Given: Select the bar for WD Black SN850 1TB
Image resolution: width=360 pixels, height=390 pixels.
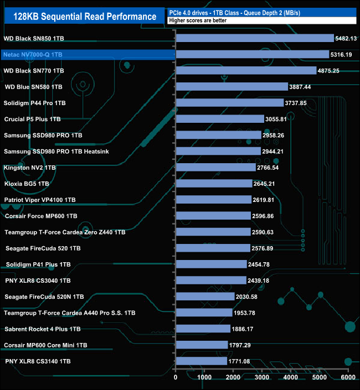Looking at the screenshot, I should [x=255, y=38].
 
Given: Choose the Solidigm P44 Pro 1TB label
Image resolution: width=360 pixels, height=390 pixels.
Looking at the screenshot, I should [x=35, y=103].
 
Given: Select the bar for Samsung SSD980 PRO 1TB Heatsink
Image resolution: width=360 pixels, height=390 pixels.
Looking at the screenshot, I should [x=218, y=151].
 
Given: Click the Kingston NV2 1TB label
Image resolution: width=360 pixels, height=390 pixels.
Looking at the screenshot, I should [x=30, y=167].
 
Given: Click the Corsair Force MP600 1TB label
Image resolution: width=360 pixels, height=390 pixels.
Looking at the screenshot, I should [x=41, y=216].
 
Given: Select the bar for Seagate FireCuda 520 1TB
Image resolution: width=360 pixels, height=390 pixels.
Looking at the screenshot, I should [x=213, y=248].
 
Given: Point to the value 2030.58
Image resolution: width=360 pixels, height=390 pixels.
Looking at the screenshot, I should [x=250, y=297].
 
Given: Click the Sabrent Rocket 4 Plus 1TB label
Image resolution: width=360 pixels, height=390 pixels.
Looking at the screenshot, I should [x=42, y=329].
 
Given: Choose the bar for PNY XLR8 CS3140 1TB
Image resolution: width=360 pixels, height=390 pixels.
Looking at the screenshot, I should [x=201, y=361].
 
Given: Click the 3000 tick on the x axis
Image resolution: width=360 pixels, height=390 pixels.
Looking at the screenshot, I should [x=262, y=377].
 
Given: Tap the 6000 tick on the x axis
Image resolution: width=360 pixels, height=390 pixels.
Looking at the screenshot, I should [x=348, y=377].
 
